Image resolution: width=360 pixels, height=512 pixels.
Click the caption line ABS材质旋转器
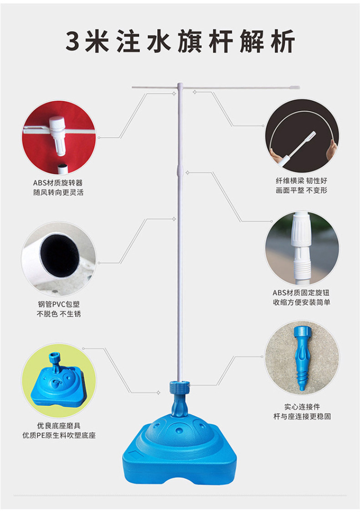pyautogui.click(x=58, y=182)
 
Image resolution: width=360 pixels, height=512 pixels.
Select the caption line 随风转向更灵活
pyautogui.click(x=58, y=192)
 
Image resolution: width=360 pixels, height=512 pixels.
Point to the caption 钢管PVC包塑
pyautogui.click(x=59, y=304)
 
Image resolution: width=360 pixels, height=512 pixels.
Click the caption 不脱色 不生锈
pyautogui.click(x=59, y=314)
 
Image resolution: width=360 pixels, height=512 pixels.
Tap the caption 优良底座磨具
pyautogui.click(x=59, y=425)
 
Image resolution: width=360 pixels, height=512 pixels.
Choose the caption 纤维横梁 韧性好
pyautogui.click(x=301, y=180)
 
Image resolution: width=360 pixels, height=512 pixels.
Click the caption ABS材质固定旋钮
pyautogui.click(x=301, y=292)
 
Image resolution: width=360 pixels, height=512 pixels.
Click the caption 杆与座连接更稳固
pyautogui.click(x=301, y=416)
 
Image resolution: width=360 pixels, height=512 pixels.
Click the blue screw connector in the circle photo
pyautogui.click(x=301, y=358)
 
